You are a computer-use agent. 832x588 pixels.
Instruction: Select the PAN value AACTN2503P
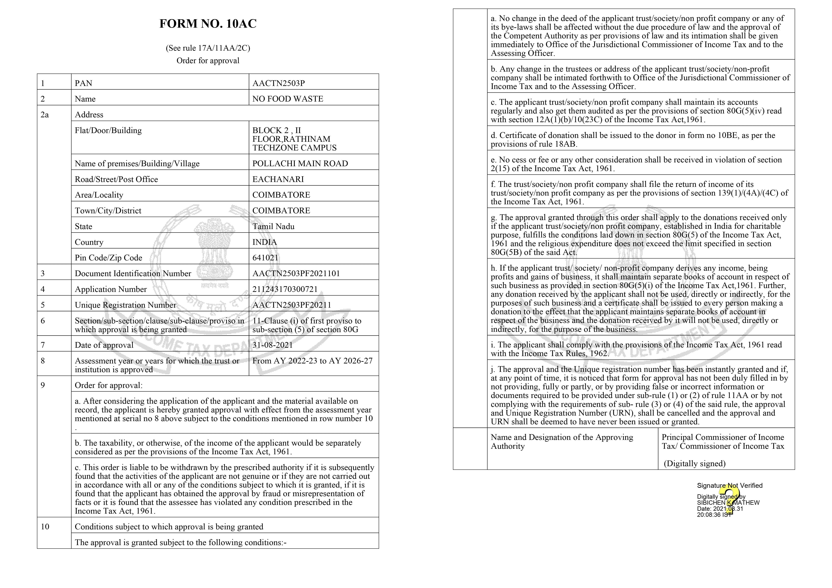(278, 83)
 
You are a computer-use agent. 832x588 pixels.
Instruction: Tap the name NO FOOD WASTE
(287, 99)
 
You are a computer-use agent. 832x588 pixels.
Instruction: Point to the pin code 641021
(265, 258)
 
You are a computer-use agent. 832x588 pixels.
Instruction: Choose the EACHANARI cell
(278, 179)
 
